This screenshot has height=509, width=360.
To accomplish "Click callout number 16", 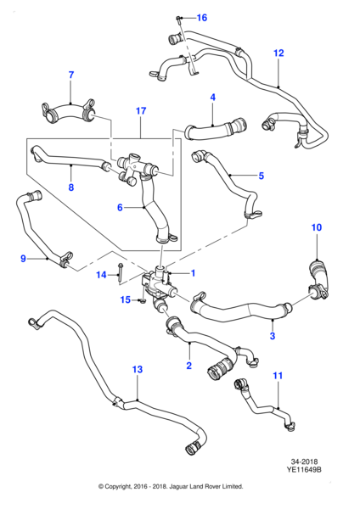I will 201,18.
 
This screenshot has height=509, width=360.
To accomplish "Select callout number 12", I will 278,53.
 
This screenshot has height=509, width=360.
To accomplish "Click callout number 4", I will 212,98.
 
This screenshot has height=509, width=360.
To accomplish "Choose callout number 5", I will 262,176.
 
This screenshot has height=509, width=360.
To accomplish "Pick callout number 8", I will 71,188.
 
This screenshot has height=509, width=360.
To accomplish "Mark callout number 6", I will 120,207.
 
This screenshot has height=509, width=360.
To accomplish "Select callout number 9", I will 23,259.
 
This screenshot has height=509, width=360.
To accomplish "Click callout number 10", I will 316,227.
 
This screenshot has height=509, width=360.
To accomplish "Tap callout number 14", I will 101,275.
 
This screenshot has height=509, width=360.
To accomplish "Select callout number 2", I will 188,366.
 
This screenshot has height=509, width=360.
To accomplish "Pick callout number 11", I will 277,375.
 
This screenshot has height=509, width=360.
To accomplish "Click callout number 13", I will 138,370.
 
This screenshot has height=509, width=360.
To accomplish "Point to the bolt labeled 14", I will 122,272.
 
